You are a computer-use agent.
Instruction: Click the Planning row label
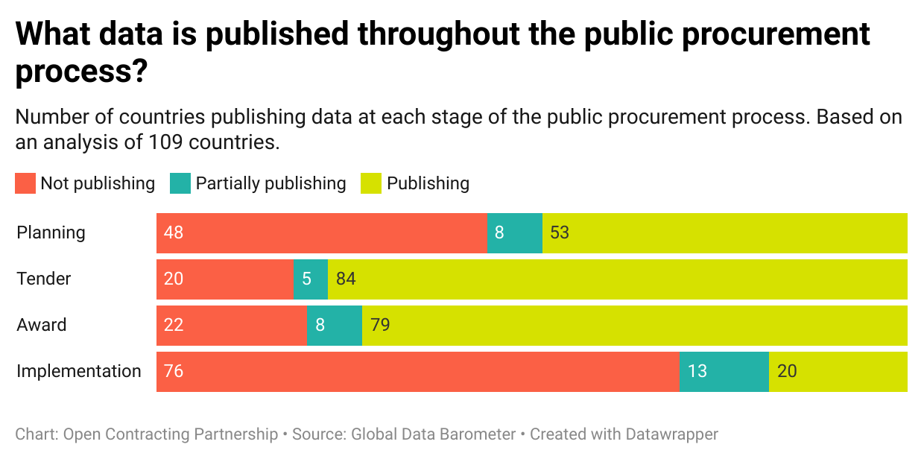51,232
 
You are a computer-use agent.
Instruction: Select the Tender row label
44,279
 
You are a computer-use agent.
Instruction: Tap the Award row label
42,325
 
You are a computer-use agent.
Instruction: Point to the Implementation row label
79,371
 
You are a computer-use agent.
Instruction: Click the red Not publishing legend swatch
25,183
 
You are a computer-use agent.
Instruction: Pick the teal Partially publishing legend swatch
180,183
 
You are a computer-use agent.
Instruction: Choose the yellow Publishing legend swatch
371,183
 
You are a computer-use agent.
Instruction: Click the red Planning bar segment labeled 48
321,232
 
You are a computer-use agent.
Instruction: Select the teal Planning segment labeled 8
514,232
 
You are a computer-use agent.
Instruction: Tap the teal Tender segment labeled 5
310,279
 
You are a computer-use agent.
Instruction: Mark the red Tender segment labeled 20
224,279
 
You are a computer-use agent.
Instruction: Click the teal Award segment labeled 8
334,325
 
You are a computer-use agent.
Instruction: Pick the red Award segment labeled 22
231,325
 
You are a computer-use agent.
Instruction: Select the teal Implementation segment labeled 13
724,371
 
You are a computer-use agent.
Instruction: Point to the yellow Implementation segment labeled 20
838,371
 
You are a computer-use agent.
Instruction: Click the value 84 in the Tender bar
346,279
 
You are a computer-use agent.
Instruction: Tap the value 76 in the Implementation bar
174,371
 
